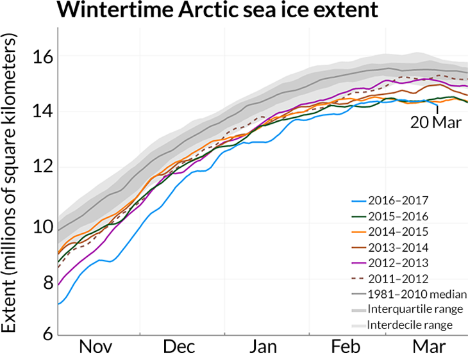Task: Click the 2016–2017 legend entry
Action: click(401, 200)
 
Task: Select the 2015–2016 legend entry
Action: click(401, 217)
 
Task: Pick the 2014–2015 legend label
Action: click(401, 232)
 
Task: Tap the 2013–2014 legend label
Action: click(401, 247)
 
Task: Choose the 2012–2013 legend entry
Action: click(401, 263)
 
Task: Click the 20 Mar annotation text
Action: click(435, 123)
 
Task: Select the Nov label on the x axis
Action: click(96, 347)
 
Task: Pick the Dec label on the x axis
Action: click(180, 347)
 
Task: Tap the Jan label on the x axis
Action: click(263, 347)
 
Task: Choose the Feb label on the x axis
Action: click(346, 347)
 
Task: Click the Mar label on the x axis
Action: click(428, 347)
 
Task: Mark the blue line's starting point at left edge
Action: click(59, 304)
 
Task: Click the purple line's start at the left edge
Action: click(59, 284)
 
